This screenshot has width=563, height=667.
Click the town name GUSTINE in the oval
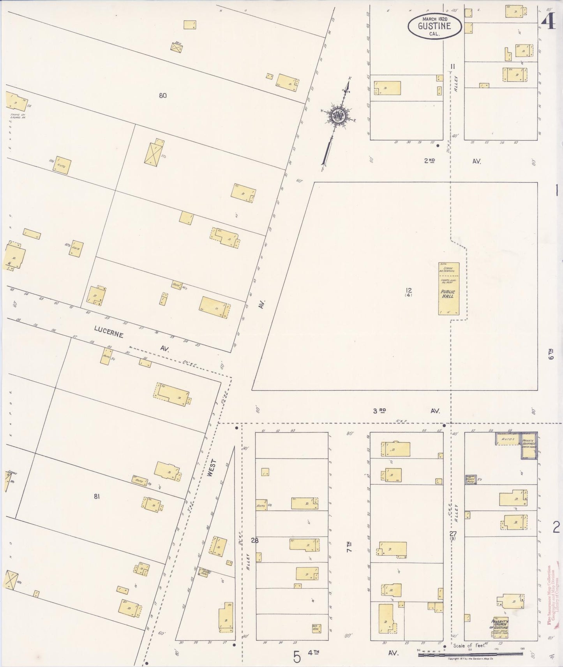434,26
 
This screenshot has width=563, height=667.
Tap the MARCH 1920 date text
434,19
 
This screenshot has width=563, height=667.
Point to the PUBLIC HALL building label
448,294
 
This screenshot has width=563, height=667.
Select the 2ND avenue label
429,160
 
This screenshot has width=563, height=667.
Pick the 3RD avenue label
379,411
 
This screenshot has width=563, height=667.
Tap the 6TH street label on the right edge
551,354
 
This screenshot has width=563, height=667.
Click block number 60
163,95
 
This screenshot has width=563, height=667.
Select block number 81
97,496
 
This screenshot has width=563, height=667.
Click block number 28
255,540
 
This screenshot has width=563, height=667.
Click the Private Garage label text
529,443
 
